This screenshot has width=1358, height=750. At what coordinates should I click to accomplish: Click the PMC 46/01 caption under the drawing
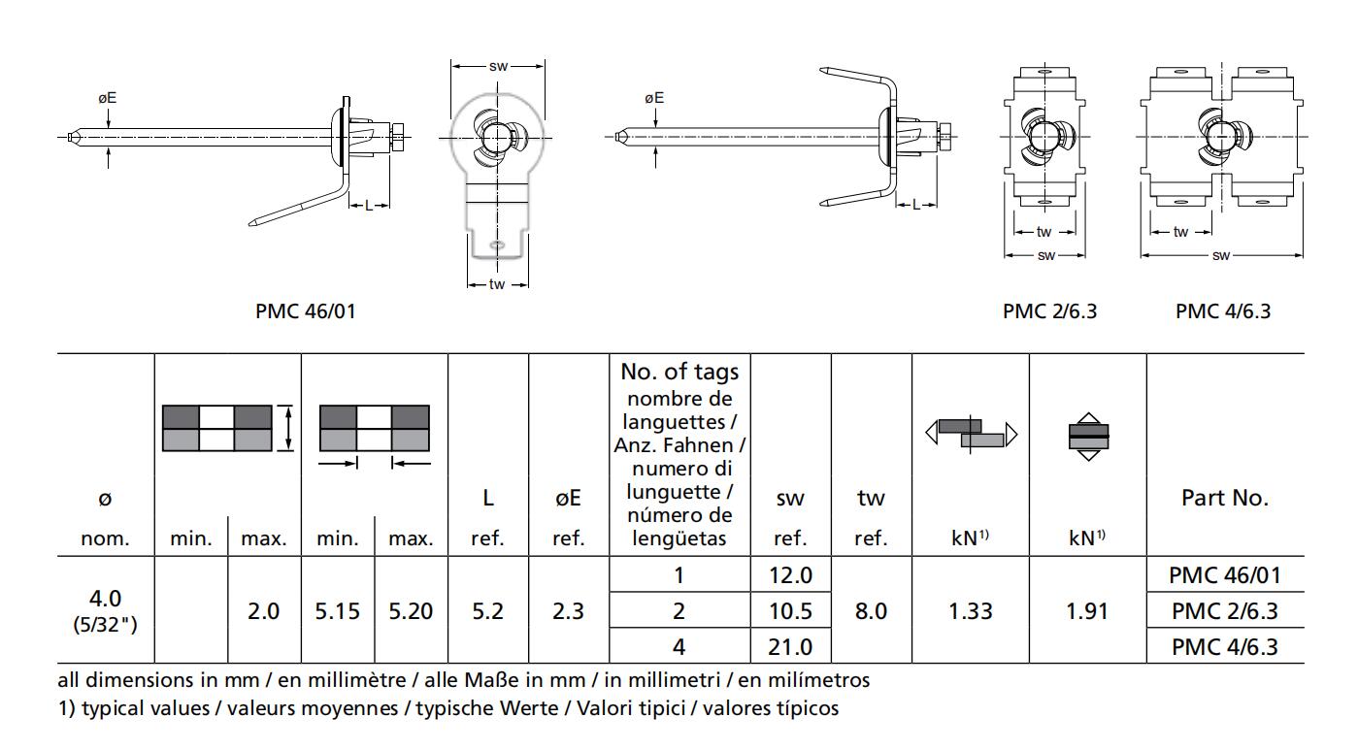click(x=305, y=311)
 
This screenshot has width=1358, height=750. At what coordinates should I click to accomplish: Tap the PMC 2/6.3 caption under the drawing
click(x=1049, y=311)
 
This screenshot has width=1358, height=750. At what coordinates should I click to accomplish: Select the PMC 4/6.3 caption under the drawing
click(x=1223, y=311)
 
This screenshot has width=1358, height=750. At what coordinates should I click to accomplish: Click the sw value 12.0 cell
click(x=790, y=575)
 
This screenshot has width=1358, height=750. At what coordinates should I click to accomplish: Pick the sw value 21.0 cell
click(x=790, y=647)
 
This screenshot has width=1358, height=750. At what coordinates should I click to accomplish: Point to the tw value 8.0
click(x=871, y=611)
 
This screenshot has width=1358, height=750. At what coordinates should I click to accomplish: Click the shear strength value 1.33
click(x=971, y=611)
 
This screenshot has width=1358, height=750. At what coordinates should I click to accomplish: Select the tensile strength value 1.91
click(x=1087, y=611)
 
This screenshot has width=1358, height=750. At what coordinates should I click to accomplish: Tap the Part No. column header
click(x=1225, y=498)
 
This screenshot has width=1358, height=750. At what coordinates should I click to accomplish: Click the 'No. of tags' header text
click(x=679, y=372)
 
